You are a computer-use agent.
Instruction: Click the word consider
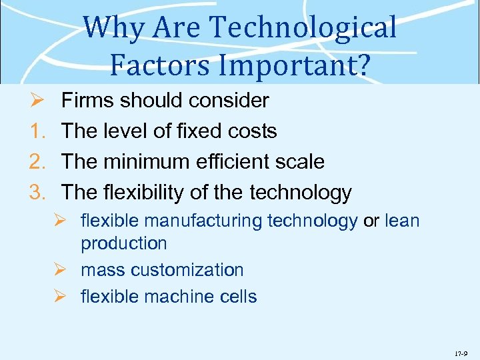(229, 101)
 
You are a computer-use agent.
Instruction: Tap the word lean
(402, 221)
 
